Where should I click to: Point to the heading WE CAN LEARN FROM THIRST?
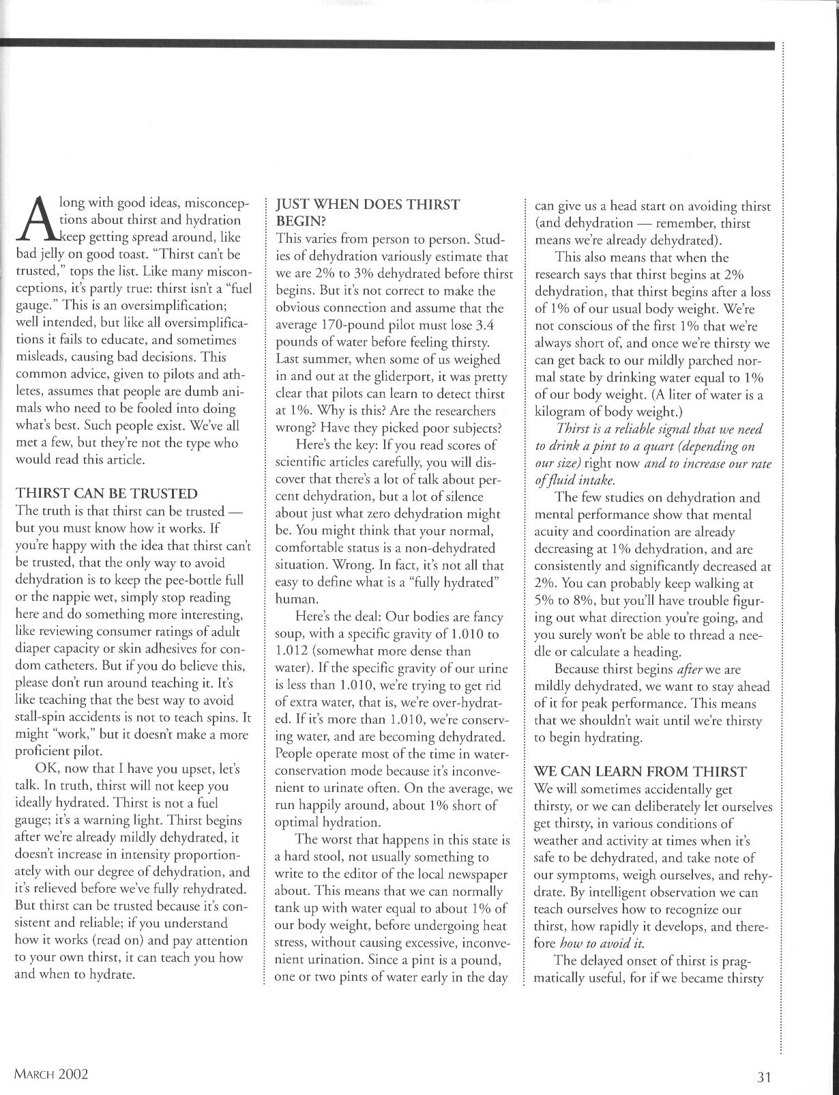[640, 771]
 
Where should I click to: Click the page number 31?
[763, 1077]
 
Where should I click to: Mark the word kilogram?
[561, 412]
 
